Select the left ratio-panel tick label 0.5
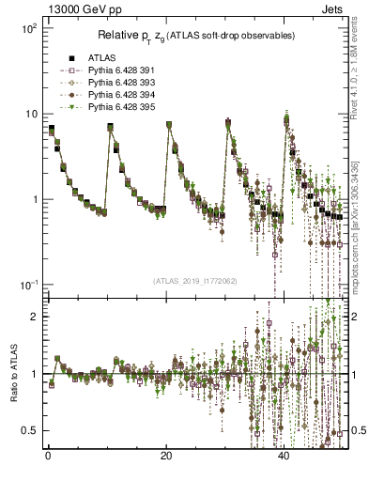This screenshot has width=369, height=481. (27, 430)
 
